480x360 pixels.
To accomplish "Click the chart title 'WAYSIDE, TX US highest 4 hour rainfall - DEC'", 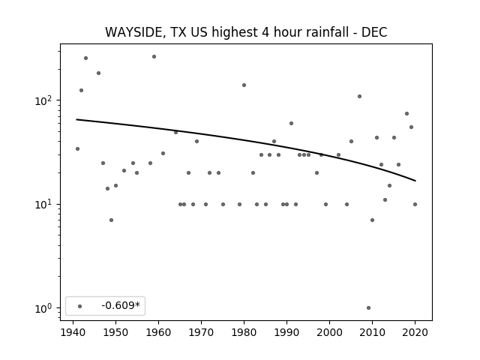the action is click(246, 32).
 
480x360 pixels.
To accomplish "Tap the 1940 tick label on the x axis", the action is click(73, 332).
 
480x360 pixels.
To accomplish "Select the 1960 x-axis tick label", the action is click(158, 332).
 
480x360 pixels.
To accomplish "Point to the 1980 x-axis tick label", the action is click(244, 332).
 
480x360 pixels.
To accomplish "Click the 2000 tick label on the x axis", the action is click(329, 332).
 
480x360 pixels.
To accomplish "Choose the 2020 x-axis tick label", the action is click(415, 332).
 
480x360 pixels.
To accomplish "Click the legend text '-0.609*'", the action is click(121, 305).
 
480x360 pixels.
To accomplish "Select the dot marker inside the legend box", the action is click(80, 306).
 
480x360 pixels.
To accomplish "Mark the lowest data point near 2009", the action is click(368, 308).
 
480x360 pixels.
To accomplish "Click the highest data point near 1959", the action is click(154, 57).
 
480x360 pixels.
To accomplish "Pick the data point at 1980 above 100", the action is click(244, 85).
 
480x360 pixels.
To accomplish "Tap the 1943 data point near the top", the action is click(85, 58).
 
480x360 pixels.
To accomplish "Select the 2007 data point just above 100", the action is click(360, 97).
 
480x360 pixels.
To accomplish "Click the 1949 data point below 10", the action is click(112, 220).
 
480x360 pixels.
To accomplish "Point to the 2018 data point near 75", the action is click(406, 113).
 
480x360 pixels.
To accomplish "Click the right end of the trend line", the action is click(415, 181).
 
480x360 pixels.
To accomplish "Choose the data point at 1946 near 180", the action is click(98, 73).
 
